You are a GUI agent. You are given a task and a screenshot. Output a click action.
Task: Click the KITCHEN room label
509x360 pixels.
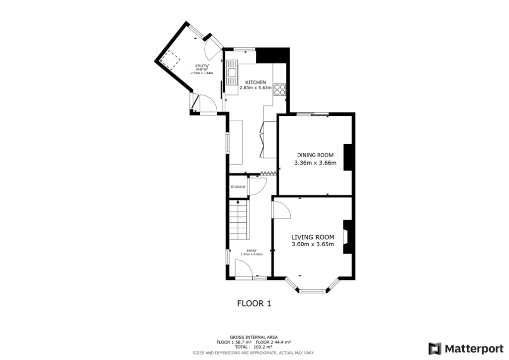(x=255, y=82)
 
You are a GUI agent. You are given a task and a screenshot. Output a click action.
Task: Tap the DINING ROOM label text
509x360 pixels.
(x=315, y=155)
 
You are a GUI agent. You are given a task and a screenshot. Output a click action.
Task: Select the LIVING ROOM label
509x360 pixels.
(x=312, y=237)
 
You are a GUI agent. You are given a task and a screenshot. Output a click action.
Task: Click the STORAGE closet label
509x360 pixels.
(x=238, y=187)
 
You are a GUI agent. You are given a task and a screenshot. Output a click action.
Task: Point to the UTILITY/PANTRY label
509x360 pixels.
(x=201, y=68)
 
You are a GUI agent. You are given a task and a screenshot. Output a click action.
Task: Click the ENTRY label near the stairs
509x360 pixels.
(x=251, y=251)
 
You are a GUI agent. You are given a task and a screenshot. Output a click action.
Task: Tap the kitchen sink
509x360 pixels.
(x=232, y=75)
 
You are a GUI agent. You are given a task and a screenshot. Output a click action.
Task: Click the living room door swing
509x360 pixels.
(x=282, y=210)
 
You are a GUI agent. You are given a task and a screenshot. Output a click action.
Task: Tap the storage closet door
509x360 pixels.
(x=257, y=185)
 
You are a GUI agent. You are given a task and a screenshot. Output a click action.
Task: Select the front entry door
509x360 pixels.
(x=244, y=271)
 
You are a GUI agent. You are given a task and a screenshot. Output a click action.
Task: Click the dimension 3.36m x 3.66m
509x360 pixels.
(x=315, y=163)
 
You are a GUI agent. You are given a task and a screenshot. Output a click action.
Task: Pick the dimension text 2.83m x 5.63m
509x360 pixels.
(x=255, y=88)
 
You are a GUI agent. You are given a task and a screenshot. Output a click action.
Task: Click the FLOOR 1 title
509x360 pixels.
(x=254, y=303)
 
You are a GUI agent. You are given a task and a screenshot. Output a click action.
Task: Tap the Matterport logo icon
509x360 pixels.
(x=435, y=348)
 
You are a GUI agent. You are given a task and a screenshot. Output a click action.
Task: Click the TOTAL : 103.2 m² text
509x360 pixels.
(x=254, y=347)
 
